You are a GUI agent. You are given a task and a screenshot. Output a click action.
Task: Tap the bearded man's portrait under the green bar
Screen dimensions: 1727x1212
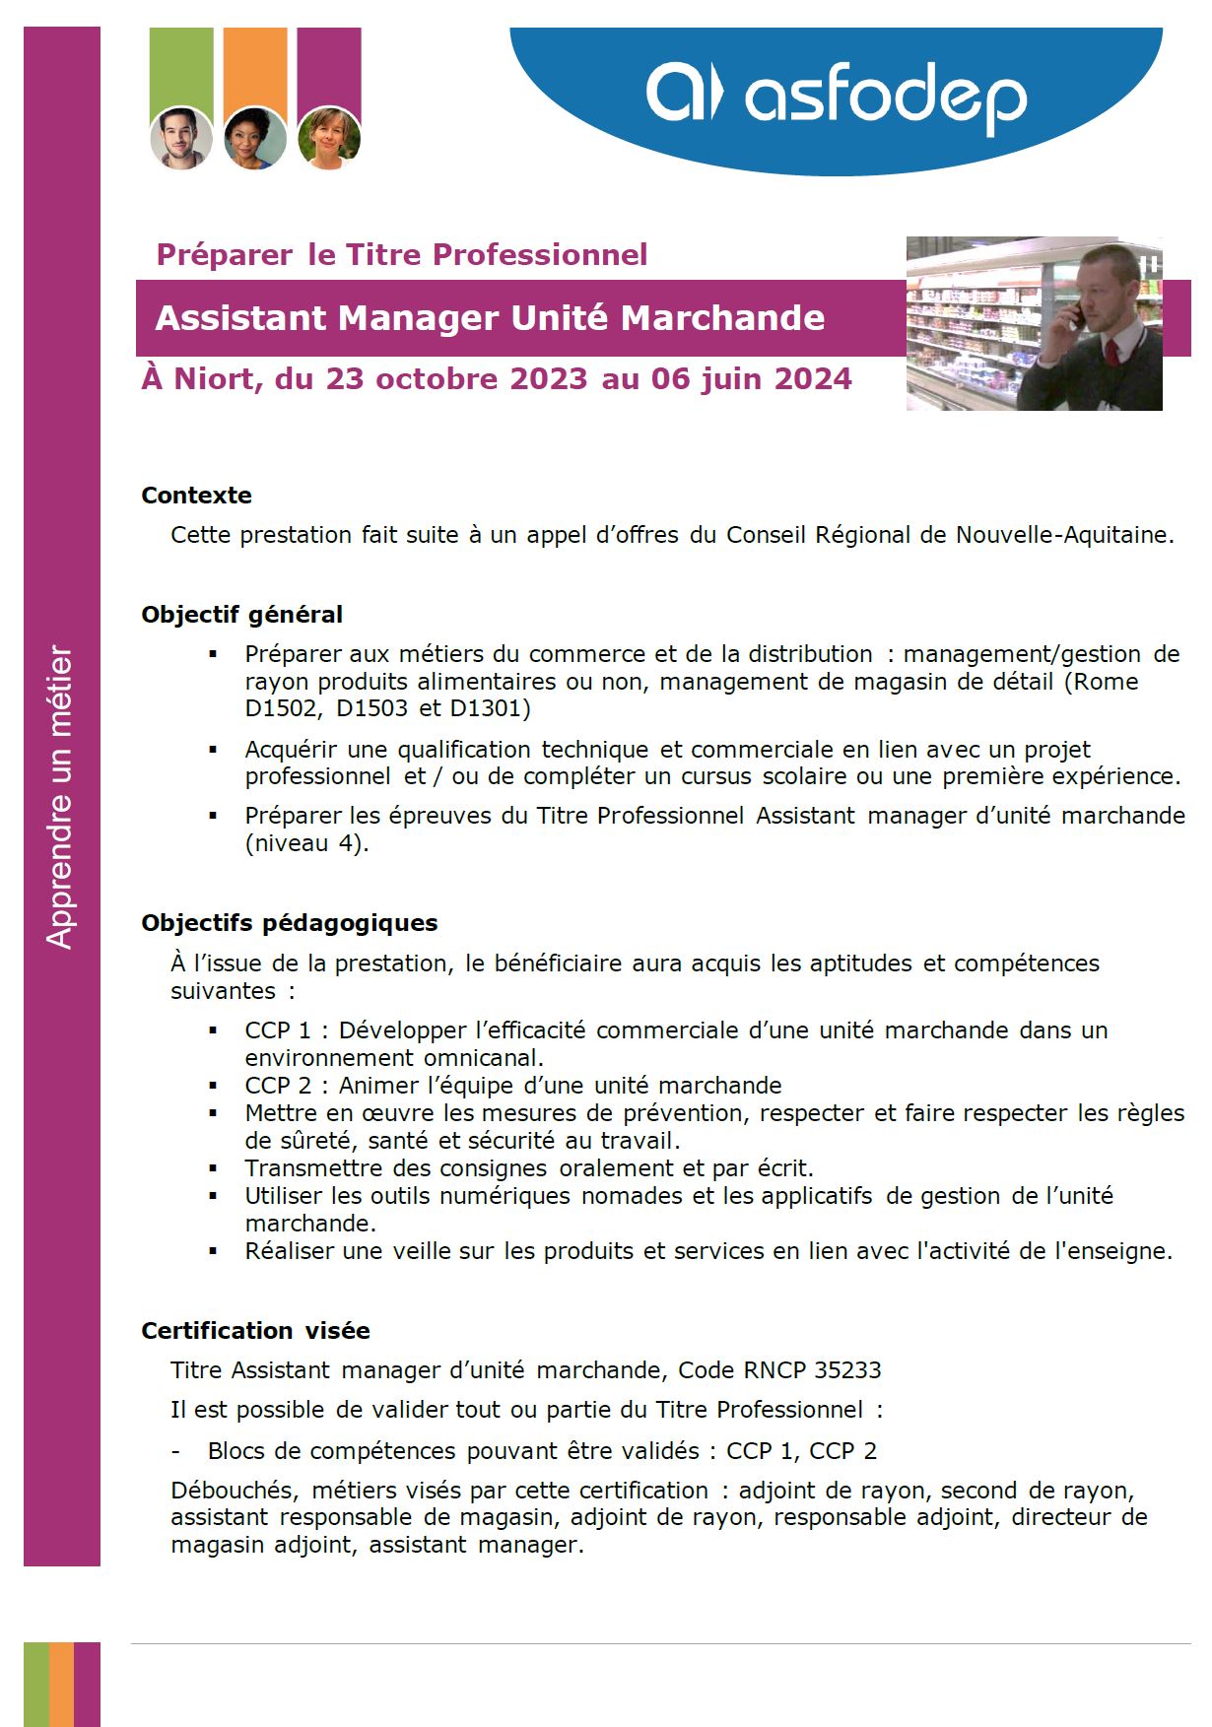(x=181, y=138)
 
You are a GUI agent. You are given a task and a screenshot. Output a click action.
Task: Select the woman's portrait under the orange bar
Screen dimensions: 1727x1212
(x=254, y=138)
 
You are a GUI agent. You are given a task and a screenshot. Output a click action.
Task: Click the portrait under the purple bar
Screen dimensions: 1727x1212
(x=329, y=138)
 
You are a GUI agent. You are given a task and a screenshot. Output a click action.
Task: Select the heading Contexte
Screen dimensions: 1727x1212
(x=196, y=496)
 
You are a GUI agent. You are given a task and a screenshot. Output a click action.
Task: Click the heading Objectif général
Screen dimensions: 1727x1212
(x=241, y=615)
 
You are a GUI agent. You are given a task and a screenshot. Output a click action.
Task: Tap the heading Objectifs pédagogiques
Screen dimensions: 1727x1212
(x=289, y=923)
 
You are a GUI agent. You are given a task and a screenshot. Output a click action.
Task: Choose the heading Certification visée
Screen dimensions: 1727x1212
(x=255, y=1331)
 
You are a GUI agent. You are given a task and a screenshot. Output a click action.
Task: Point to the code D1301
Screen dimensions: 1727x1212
(x=490, y=708)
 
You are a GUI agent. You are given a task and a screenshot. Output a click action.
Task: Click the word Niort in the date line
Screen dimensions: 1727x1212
(x=217, y=379)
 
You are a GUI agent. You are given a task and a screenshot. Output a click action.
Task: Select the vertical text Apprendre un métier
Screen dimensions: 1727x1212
(x=60, y=797)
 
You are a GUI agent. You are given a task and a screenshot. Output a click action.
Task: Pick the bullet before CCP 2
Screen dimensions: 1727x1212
(x=213, y=1086)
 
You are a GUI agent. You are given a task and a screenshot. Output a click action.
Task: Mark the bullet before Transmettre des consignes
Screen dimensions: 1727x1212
(x=213, y=1168)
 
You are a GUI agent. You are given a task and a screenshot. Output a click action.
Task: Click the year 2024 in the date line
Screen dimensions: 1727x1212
(x=813, y=379)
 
